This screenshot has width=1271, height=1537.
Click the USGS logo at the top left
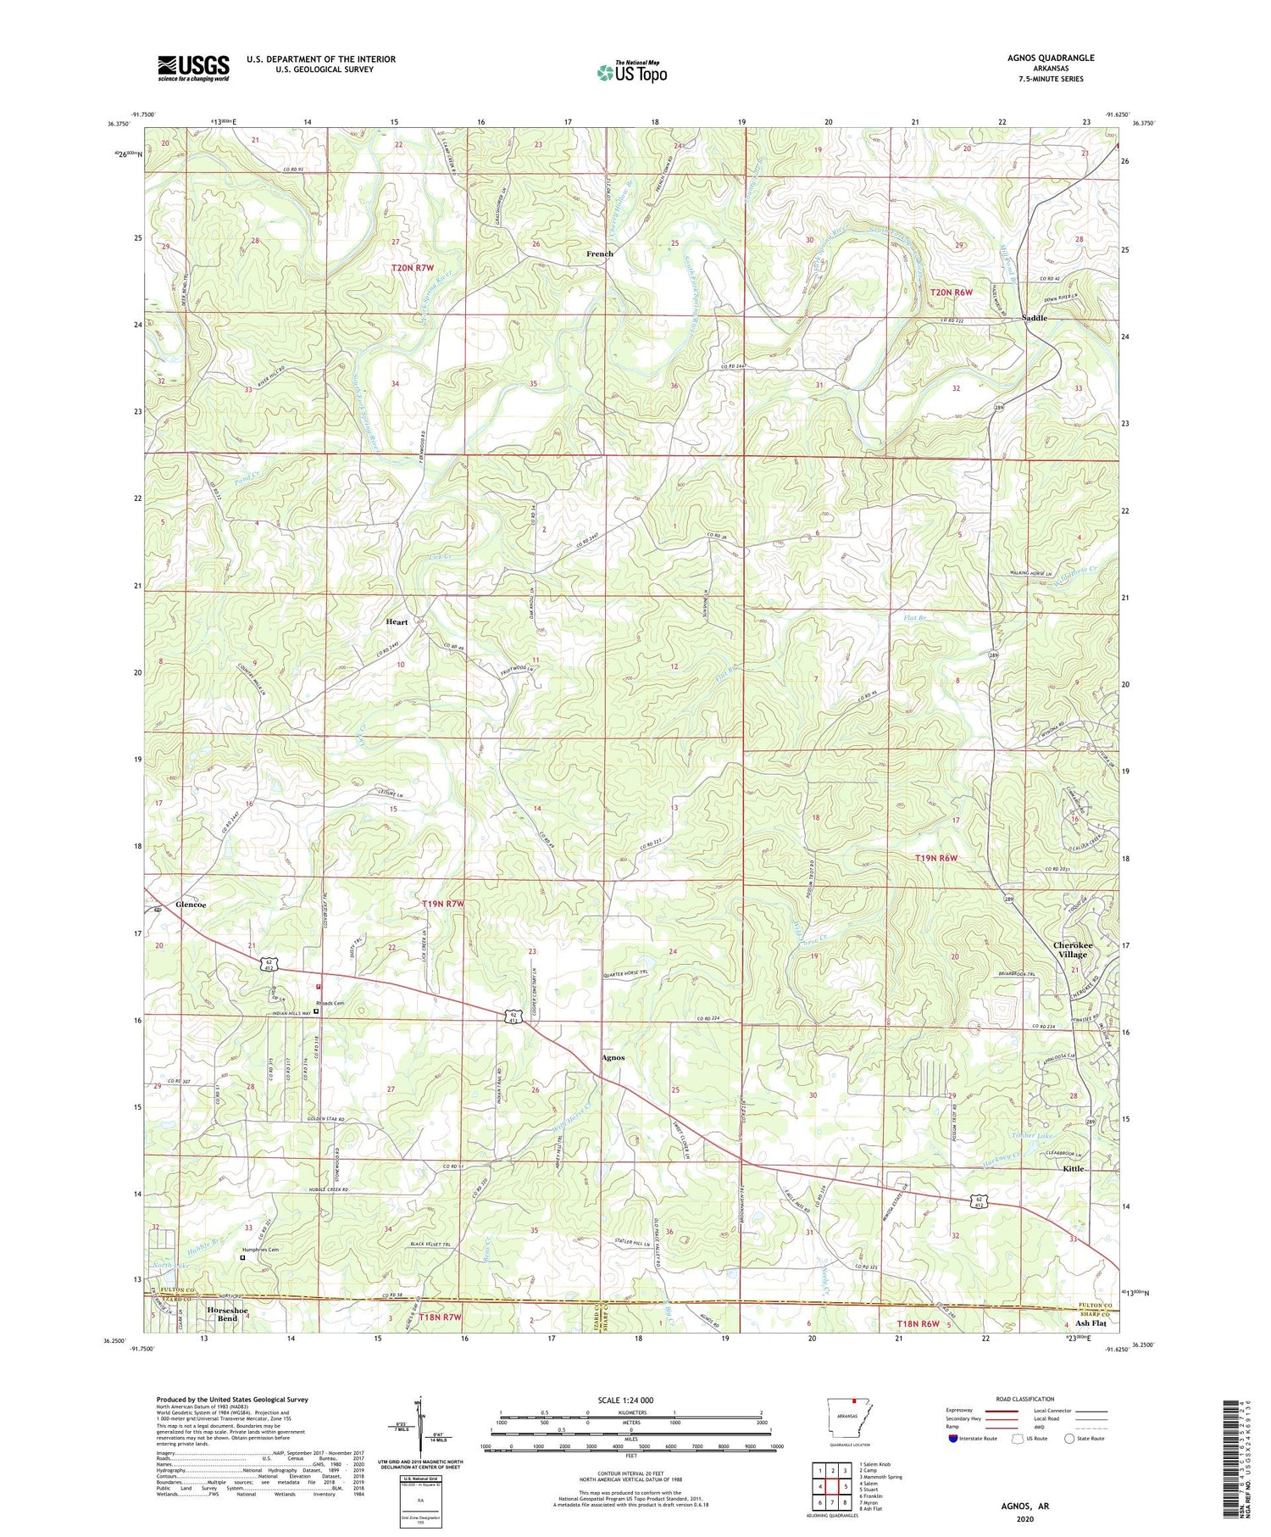[193, 68]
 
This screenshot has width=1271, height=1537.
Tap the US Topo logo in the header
[632, 73]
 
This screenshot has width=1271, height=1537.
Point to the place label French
[600, 253]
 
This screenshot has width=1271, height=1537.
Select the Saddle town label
[1035, 318]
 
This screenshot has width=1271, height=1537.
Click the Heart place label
[397, 621]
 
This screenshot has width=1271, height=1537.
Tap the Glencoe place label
[191, 905]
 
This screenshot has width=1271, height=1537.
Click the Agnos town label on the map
[613, 1057]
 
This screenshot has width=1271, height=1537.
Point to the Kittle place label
[1074, 1168]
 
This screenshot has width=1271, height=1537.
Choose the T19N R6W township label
[936, 858]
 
